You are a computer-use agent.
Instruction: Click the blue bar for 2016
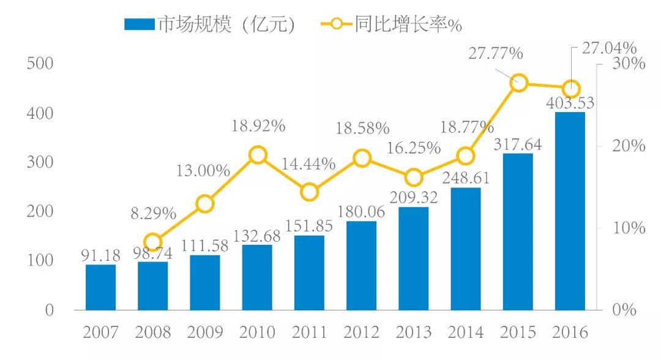point(570,211)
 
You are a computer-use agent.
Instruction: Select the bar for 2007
point(100,287)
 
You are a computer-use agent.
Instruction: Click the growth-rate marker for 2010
point(258,154)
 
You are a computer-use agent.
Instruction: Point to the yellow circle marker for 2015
point(519,83)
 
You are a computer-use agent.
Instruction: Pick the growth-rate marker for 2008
point(153,241)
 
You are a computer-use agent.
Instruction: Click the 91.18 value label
point(100,255)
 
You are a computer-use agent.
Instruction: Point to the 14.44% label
point(309,164)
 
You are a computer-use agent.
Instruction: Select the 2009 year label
point(205,332)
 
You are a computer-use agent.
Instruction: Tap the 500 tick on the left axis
point(41,64)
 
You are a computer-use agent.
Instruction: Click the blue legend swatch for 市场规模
point(140,24)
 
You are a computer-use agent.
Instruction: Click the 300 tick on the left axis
point(41,163)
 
